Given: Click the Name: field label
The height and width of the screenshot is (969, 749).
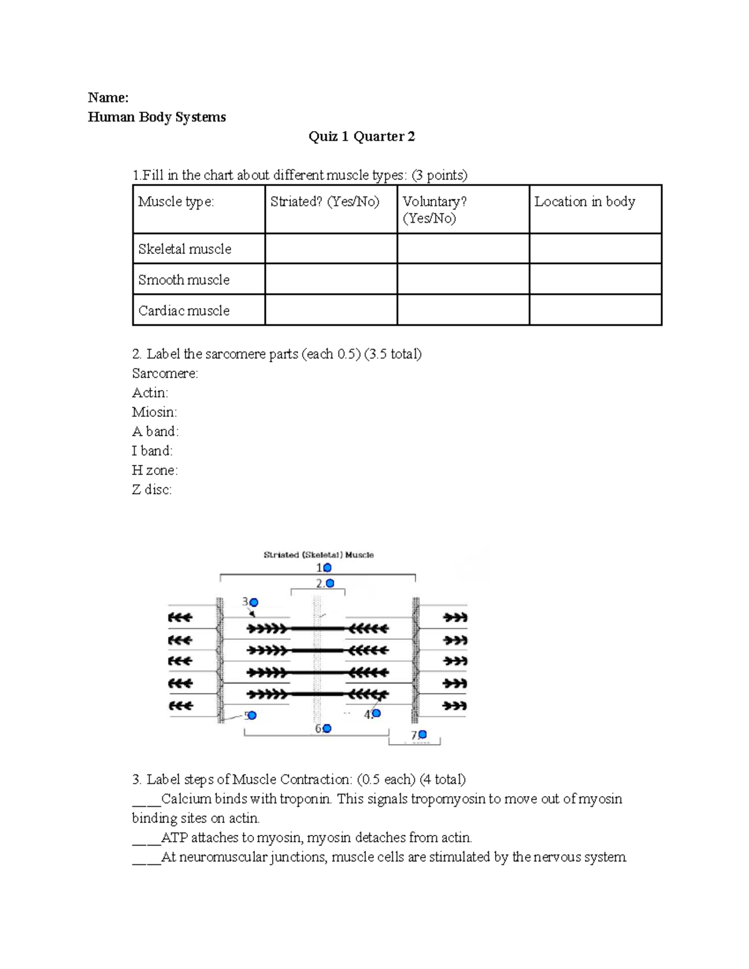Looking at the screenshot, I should [108, 97].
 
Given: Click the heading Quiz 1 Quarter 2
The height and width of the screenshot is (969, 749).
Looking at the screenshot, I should [361, 137].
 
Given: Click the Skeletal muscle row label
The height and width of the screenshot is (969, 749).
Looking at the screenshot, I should [185, 249].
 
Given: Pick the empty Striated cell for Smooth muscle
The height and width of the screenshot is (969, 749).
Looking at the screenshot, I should [331, 279].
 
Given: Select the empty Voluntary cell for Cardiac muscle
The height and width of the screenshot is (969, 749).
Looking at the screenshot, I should [463, 310].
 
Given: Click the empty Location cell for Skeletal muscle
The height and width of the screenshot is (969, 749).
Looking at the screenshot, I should [595, 248].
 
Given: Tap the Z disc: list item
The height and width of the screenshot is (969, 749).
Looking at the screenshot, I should [152, 490].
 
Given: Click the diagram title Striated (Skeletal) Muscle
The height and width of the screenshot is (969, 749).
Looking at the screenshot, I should [318, 555].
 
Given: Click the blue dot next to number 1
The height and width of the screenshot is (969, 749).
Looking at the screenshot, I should [327, 568].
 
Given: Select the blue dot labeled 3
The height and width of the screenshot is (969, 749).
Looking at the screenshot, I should [253, 602].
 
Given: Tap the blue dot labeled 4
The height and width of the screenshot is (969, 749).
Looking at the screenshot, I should [376, 713].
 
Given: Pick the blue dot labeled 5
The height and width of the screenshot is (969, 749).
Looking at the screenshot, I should [252, 715].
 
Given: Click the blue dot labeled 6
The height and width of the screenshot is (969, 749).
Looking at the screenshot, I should [326, 728].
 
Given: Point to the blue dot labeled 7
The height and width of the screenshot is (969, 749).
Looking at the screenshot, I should [423, 734].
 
